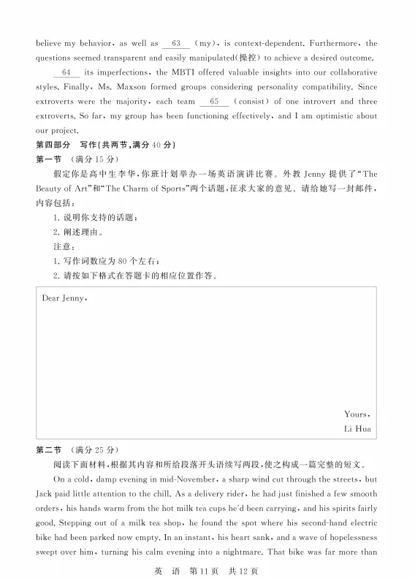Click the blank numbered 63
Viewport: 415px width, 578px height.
[x=176, y=43]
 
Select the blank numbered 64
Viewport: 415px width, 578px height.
[x=66, y=73]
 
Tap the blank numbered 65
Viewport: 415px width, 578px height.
[x=213, y=102]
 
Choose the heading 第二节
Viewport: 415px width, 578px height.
[x=49, y=449]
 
